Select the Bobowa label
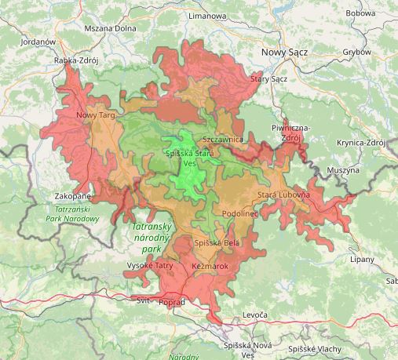[x=360, y=13]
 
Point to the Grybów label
[x=357, y=53]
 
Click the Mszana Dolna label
[x=111, y=27]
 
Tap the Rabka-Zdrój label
[x=76, y=60]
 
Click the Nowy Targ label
[x=96, y=115]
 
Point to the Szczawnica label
[x=224, y=139]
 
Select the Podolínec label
[x=240, y=213]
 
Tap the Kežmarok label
[x=210, y=267]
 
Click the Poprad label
[x=173, y=302]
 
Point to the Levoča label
[x=255, y=315]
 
